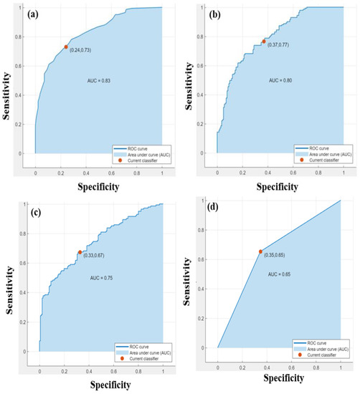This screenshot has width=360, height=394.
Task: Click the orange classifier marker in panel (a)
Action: coord(66,47)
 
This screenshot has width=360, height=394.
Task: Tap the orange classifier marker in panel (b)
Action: coord(264,42)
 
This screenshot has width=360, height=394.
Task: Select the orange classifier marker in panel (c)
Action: coord(80,252)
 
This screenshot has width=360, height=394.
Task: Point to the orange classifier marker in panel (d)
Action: coord(261,251)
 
